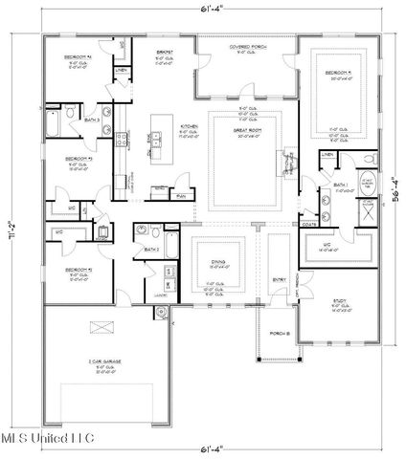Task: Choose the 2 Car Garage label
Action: point(113,363)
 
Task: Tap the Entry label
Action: point(279,279)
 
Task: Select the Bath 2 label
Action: point(152,251)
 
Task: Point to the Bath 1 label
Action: point(338,186)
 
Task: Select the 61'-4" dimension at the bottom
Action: point(202,447)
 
